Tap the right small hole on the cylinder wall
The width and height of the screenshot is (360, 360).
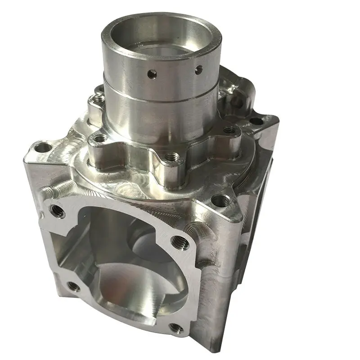click(x=198, y=69)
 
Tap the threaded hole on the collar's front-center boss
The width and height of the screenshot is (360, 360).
click(x=170, y=157)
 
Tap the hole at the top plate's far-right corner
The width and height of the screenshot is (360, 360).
click(x=256, y=121)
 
